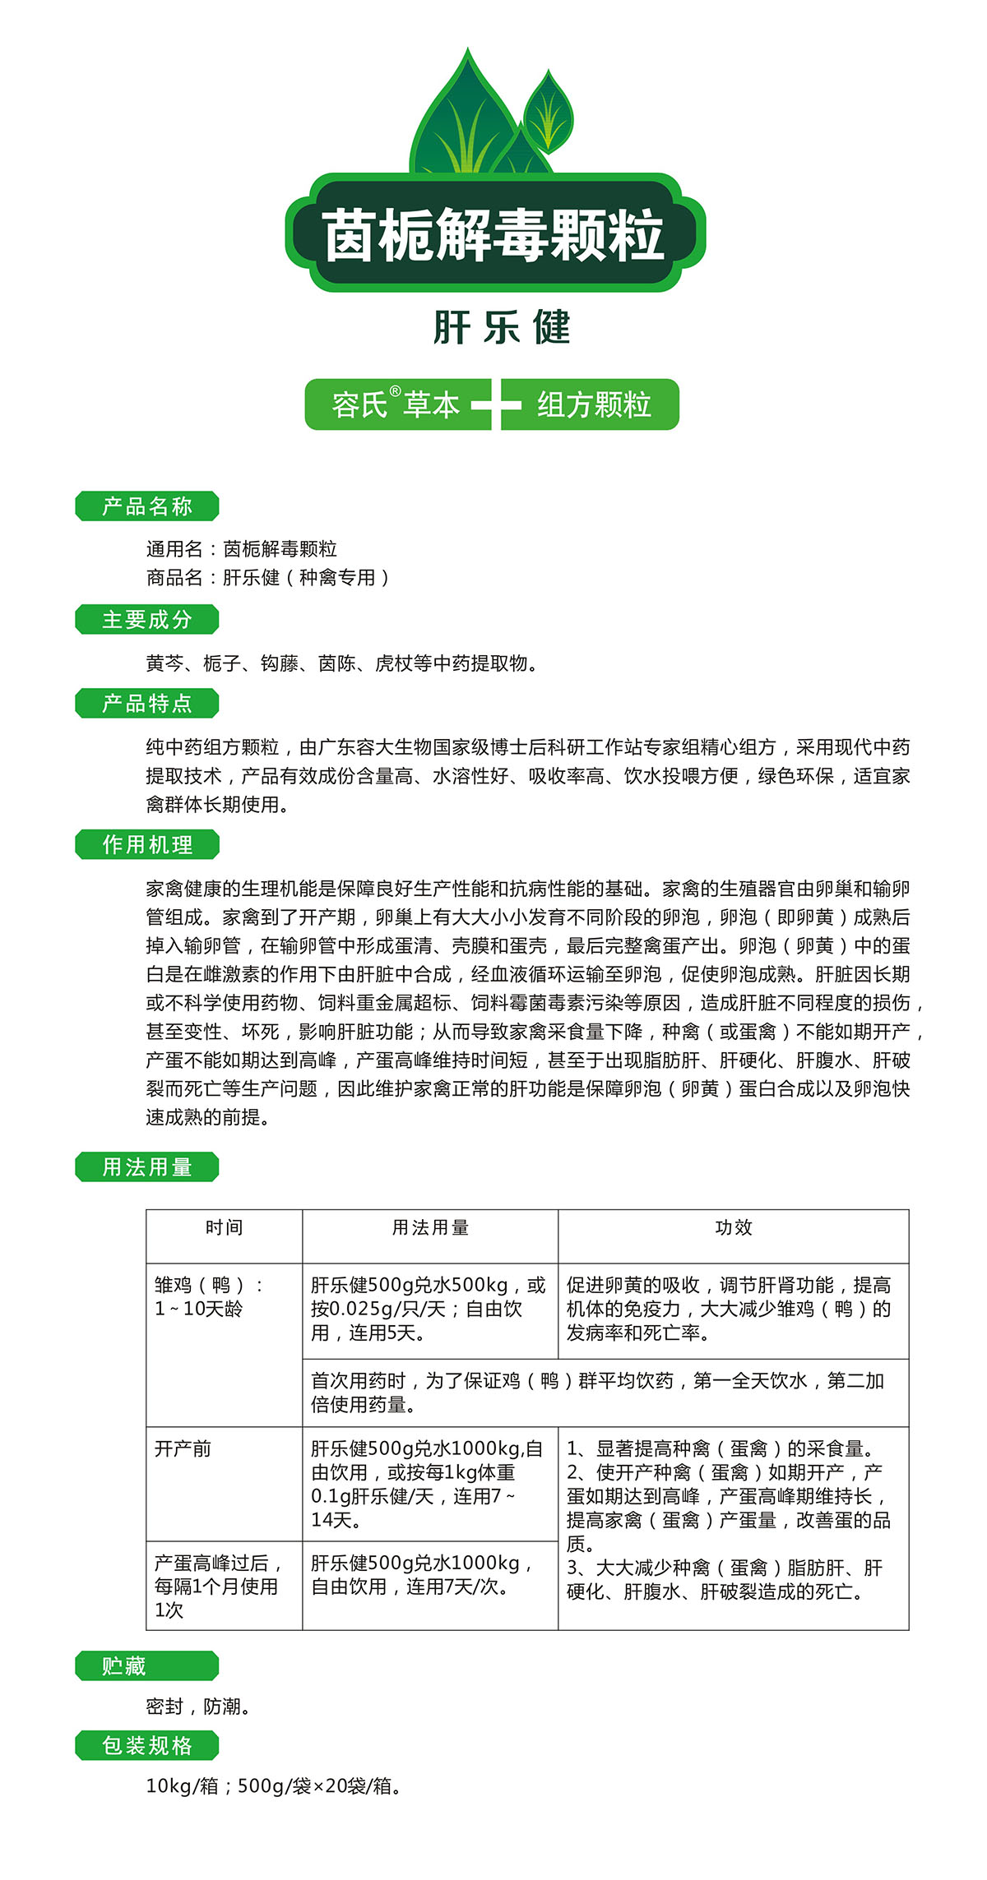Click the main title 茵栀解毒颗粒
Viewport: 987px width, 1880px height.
click(493, 235)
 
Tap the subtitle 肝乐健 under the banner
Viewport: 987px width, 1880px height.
click(501, 328)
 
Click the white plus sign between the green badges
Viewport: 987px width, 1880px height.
click(496, 404)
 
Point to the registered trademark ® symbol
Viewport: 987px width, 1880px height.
click(395, 392)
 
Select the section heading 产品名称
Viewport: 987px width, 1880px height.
click(147, 506)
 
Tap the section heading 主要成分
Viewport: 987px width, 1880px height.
click(147, 620)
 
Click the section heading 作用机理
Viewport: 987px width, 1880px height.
click(147, 845)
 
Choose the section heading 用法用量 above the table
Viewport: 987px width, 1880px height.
click(147, 1167)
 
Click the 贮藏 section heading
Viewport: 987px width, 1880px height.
click(125, 1666)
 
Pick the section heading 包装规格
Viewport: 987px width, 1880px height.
click(147, 1745)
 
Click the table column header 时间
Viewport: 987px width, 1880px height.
click(224, 1228)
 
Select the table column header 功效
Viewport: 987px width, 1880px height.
click(733, 1228)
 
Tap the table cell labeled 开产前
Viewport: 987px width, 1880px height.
click(183, 1448)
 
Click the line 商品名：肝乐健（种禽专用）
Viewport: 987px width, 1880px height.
click(267, 578)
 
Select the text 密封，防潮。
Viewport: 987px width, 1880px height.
click(198, 1707)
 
